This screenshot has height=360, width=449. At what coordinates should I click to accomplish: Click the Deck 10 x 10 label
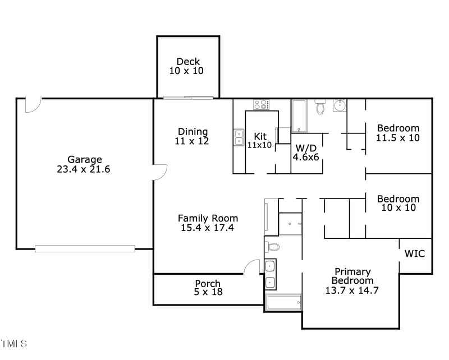pyautogui.click(x=188, y=66)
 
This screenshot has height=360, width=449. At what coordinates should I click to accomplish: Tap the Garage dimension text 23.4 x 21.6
pyautogui.click(x=84, y=169)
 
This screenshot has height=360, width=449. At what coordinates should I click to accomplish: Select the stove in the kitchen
pyautogui.click(x=261, y=104)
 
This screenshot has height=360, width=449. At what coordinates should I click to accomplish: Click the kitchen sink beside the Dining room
pyautogui.click(x=239, y=137)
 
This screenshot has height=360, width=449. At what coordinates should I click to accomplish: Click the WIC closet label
pyautogui.click(x=415, y=254)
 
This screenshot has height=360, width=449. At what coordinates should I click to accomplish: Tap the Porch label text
pyautogui.click(x=208, y=283)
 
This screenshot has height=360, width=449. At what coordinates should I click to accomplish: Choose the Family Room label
pyautogui.click(x=208, y=218)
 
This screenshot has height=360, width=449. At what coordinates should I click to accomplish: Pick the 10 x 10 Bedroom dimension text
pyautogui.click(x=398, y=207)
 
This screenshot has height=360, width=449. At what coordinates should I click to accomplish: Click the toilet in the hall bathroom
pyautogui.click(x=320, y=106)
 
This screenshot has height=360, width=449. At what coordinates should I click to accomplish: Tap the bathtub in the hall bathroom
pyautogui.click(x=299, y=116)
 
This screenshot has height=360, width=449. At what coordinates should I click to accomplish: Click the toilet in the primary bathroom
pyautogui.click(x=273, y=247)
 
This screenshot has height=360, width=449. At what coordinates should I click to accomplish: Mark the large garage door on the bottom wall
pyautogui.click(x=85, y=248)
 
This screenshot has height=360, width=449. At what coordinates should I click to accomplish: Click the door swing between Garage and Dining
pyautogui.click(x=161, y=172)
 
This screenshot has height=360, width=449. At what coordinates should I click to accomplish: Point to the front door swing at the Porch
pyautogui.click(x=252, y=267)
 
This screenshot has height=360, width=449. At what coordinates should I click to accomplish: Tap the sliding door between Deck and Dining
pyautogui.click(x=188, y=98)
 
